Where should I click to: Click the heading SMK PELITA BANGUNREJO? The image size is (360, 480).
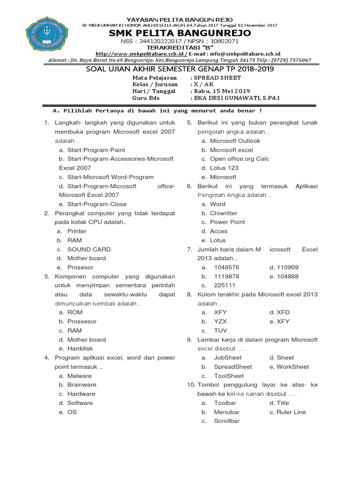pos(180,33)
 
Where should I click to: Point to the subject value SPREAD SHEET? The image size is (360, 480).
pos(216,77)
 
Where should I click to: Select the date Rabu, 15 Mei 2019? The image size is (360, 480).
pos(220,91)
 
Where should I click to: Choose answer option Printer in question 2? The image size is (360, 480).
pos(77,231)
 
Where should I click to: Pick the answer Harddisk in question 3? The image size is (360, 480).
pos(80,348)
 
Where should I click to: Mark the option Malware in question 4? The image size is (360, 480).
pos(80,375)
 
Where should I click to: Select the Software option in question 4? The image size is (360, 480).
pos(80,403)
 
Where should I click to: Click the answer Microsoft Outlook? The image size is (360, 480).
pos(235,141)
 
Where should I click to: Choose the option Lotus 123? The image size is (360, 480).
pos(224,168)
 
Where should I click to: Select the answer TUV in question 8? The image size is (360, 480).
pos(221,330)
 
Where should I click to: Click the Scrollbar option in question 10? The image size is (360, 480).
pos(227,421)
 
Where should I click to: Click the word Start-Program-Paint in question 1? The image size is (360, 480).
pos(96,150)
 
